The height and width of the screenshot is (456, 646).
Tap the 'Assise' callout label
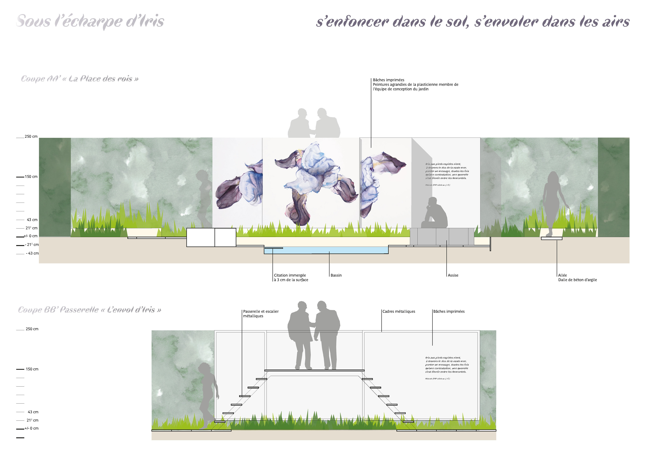[453, 275]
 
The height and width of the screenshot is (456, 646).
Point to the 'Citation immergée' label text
[290, 275]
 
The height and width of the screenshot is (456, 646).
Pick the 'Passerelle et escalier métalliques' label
[261, 314]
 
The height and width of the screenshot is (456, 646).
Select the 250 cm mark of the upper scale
[31, 137]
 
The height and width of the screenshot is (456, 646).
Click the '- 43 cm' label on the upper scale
[32, 253]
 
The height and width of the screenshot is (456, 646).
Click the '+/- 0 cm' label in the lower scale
[31, 428]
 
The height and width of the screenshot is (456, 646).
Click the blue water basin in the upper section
[326, 250]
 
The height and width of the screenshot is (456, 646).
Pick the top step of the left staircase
[261, 379]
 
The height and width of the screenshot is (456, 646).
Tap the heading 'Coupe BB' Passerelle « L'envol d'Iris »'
[89, 310]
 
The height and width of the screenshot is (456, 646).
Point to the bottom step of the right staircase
[408, 422]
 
